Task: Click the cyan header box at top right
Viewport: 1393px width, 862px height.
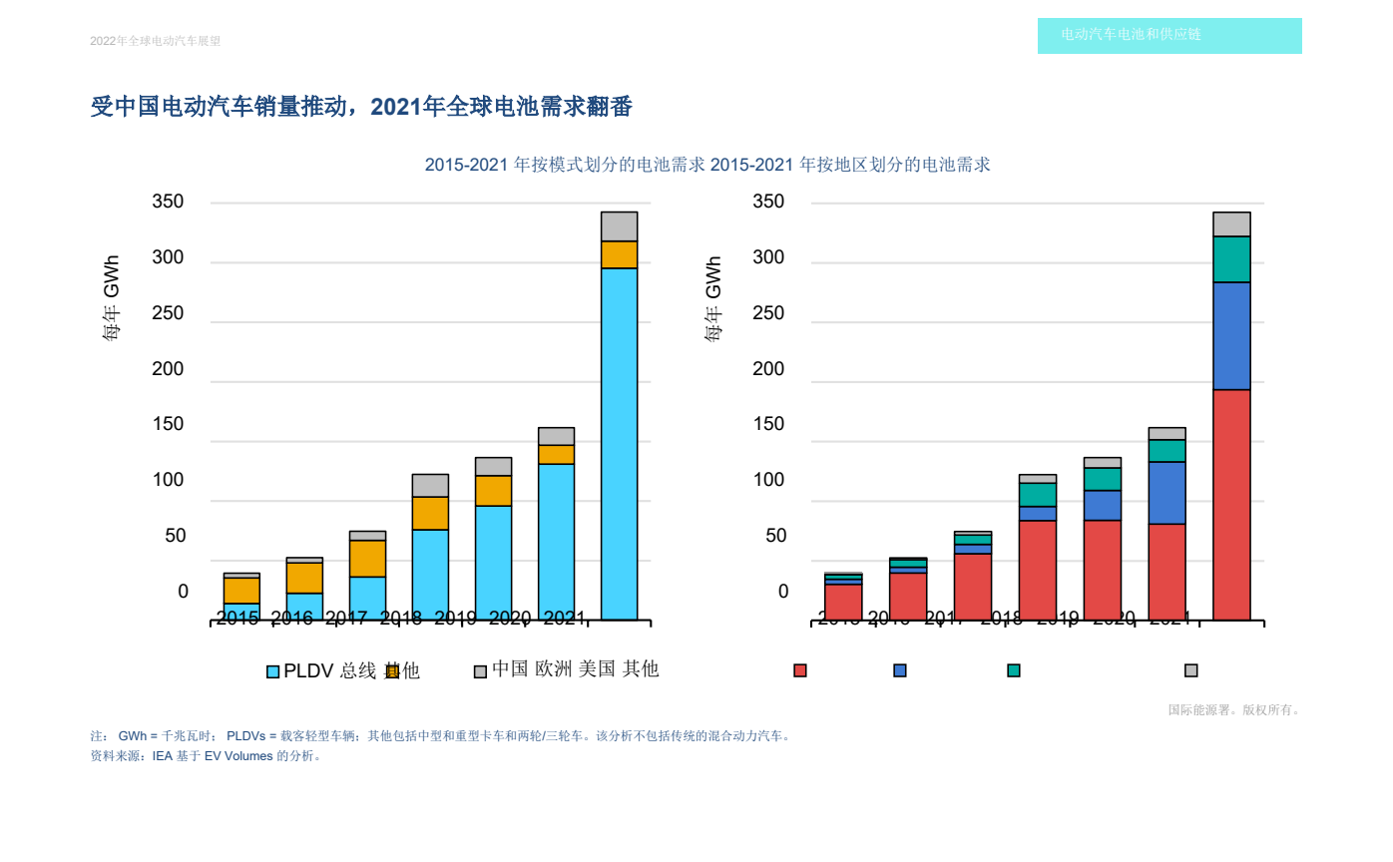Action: coord(1169,36)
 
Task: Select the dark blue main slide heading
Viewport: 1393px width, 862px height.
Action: coord(361,107)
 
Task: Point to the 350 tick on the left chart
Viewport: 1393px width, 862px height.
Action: coord(168,203)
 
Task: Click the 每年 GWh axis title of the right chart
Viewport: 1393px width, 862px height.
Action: coord(713,299)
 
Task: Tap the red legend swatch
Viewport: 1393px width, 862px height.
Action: coord(800,670)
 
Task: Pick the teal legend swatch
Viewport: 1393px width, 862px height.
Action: coord(1014,670)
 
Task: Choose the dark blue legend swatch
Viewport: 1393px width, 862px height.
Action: coord(900,670)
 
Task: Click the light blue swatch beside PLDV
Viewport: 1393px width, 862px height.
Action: coord(272,671)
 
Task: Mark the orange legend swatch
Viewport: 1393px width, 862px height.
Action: coord(392,671)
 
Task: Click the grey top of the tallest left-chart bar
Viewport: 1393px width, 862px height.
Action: coord(619,226)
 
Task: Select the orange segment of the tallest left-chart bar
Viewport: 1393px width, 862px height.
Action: coord(619,254)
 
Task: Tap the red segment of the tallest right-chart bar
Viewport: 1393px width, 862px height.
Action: coord(1231,504)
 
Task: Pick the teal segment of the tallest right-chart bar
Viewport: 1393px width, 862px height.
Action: coord(1231,259)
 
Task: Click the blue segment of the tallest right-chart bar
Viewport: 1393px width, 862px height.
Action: coord(1231,335)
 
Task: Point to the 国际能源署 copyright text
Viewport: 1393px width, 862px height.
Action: coord(1233,710)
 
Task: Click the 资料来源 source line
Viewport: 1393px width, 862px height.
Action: coord(206,756)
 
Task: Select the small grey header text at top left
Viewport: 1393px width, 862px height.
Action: coord(155,41)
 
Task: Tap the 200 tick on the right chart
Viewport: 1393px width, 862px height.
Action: coord(769,369)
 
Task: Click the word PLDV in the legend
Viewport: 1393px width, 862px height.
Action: coord(308,671)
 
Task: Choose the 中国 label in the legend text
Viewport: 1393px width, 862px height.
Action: coord(511,668)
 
